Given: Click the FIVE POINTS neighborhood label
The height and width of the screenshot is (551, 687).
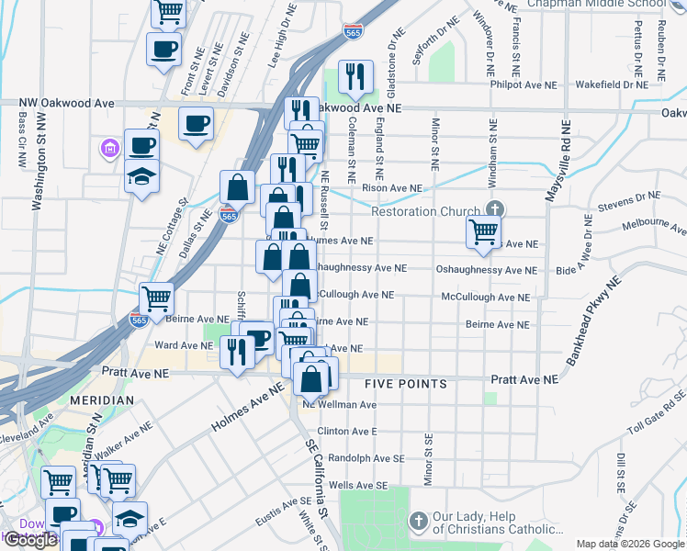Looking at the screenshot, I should (x=405, y=384).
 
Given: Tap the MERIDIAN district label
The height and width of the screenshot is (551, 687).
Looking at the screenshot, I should (x=106, y=401).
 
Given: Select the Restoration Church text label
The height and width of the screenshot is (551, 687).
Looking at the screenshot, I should (x=425, y=211).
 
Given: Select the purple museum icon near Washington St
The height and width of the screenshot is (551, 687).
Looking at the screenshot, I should (x=109, y=148).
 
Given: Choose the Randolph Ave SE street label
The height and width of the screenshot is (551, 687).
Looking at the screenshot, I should (x=366, y=457).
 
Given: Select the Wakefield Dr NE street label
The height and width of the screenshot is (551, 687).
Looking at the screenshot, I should (x=610, y=84).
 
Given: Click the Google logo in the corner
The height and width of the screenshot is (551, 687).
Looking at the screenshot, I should (x=30, y=541).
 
